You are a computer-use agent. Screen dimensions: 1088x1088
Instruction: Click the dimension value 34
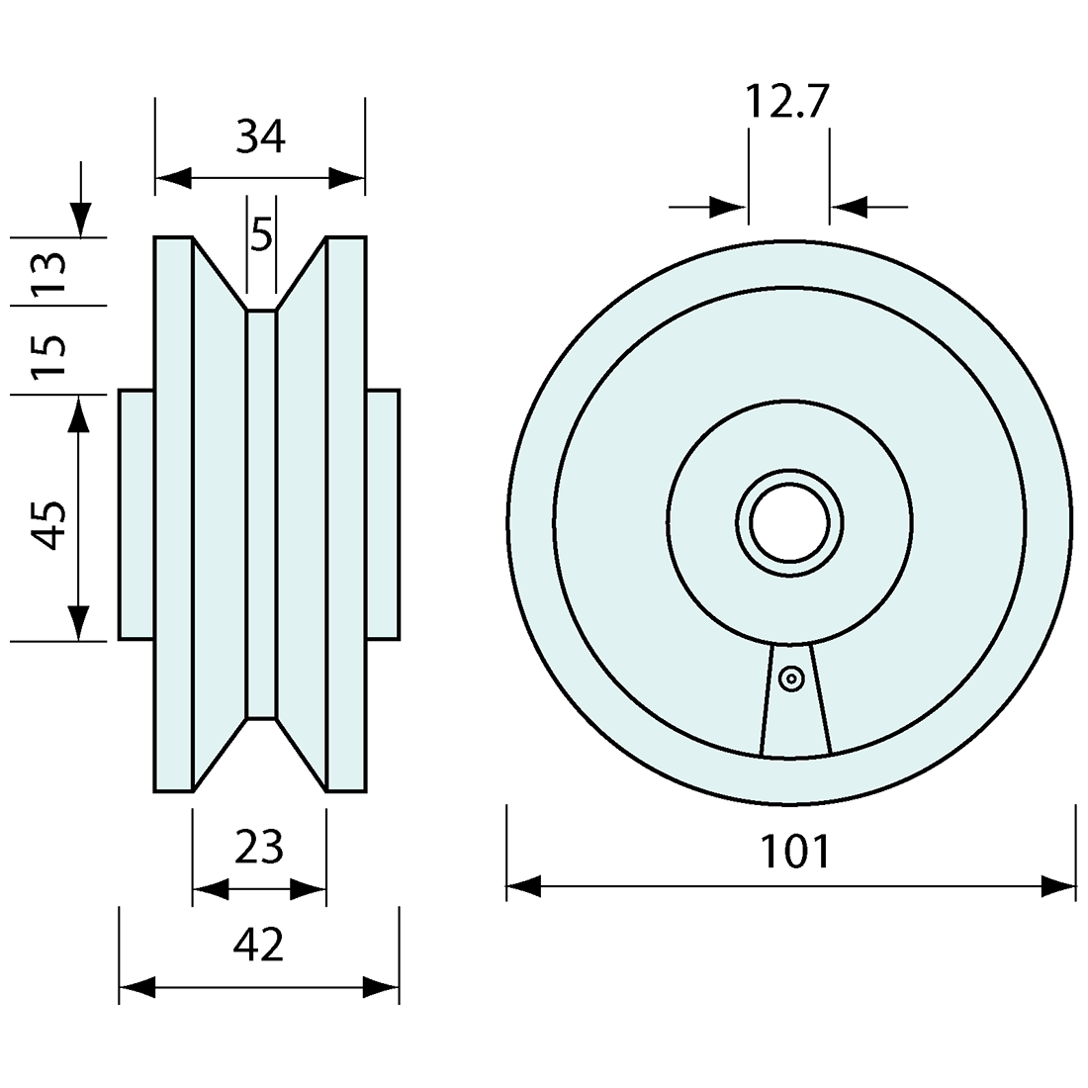(261, 136)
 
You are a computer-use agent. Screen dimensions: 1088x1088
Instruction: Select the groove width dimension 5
(261, 235)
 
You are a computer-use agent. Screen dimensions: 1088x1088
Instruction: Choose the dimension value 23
(259, 847)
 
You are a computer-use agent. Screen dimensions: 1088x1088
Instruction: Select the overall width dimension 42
(259, 945)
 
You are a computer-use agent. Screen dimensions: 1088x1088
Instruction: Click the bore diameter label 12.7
(785, 102)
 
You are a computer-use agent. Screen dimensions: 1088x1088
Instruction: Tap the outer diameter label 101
(794, 851)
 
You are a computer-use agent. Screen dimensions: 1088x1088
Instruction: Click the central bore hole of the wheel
(789, 523)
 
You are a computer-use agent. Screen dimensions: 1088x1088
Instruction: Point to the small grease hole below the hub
(790, 679)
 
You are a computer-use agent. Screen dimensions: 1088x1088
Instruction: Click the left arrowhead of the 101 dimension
(524, 886)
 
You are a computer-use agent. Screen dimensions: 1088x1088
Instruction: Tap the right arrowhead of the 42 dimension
(382, 986)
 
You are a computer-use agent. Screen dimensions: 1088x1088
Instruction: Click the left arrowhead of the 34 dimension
(173, 178)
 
